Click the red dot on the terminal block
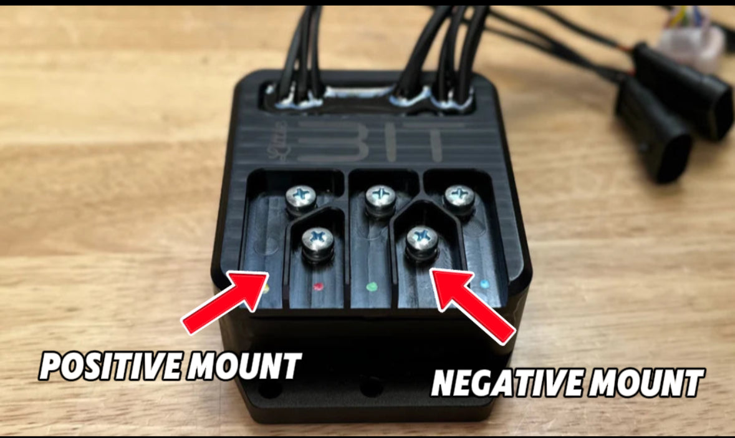tap(319, 288)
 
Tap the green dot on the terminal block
tap(373, 288)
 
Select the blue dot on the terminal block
tap(485, 284)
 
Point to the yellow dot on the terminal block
tap(266, 290)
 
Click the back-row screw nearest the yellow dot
tap(301, 198)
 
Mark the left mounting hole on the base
tap(269, 389)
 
